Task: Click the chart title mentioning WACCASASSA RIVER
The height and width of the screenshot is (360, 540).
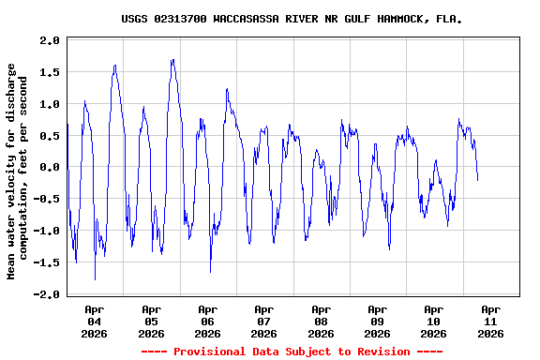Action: point(292,18)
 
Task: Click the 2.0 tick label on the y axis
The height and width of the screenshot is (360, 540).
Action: point(50,40)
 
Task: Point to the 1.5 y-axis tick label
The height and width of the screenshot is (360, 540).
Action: point(50,72)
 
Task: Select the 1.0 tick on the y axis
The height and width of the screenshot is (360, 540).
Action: point(50,104)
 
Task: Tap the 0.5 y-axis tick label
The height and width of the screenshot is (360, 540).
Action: point(50,136)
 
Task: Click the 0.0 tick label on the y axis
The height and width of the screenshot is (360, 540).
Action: point(50,168)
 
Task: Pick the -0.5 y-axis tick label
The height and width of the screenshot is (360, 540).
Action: point(47,199)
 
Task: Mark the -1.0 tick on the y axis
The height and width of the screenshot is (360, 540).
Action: point(47,231)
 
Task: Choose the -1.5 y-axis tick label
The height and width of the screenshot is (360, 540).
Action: point(47,262)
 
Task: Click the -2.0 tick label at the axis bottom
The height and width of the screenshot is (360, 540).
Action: point(47,294)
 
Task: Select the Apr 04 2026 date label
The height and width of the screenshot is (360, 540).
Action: point(95,321)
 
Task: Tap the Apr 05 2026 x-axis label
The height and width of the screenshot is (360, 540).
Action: point(151,321)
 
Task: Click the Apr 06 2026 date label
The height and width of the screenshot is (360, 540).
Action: point(207,321)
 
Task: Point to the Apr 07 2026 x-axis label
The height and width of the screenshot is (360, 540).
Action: point(264,321)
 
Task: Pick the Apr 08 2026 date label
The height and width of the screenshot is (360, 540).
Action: point(321,321)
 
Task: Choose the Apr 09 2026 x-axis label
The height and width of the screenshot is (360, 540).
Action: point(377,321)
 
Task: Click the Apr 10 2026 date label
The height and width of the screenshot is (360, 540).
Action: point(433,321)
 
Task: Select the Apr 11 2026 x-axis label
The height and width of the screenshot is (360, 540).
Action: point(490,321)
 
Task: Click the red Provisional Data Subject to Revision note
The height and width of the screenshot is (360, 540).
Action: point(292,352)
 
